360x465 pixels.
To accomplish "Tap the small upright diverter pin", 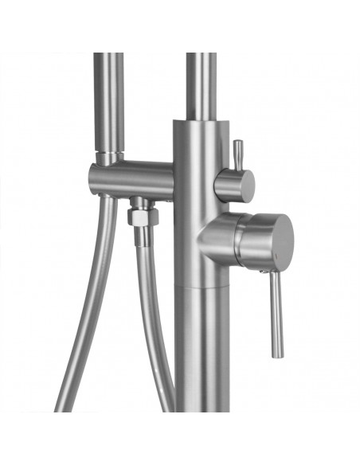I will click(237, 153).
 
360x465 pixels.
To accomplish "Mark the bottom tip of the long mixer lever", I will click(276, 353).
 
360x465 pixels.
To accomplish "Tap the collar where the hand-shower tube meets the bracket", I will click(110, 157).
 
